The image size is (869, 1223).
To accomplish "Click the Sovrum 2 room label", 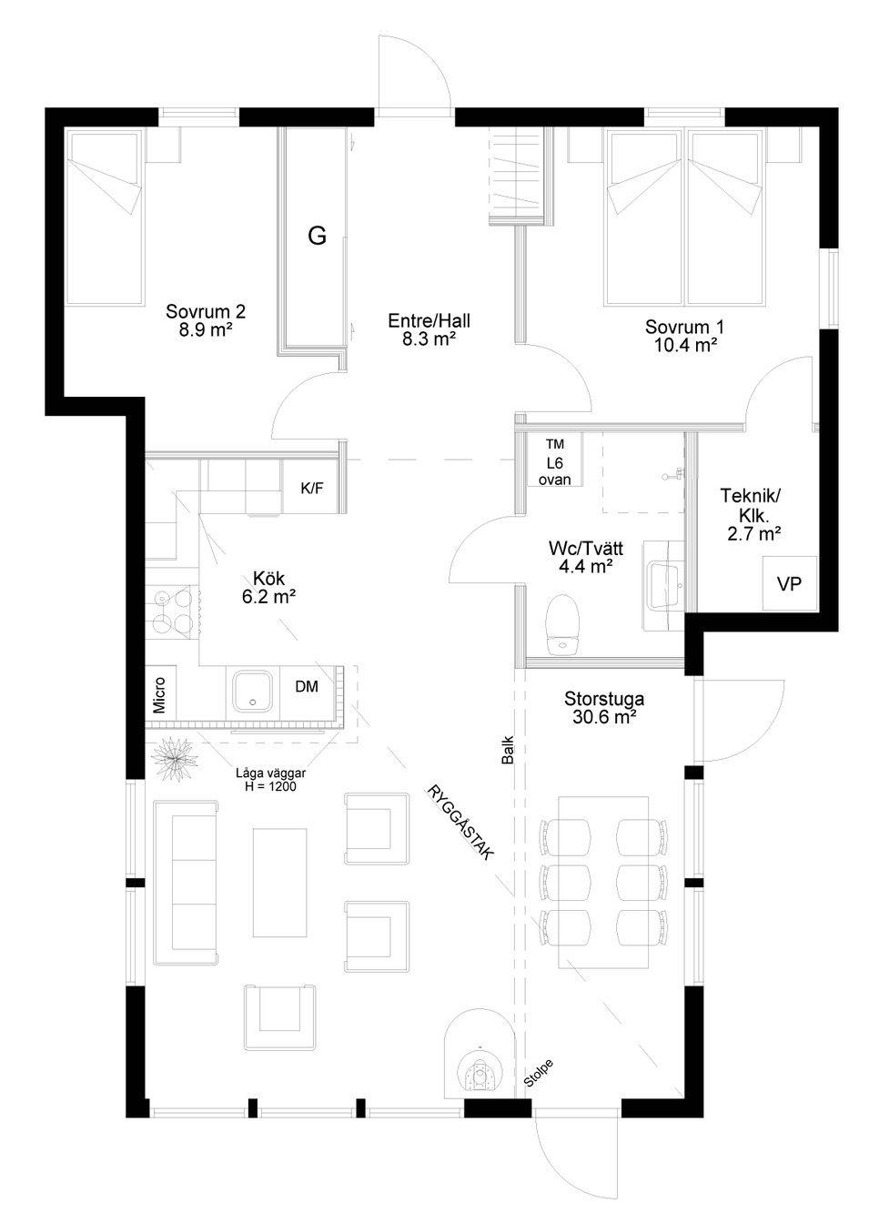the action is point(206,312).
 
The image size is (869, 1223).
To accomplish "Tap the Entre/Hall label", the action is point(429,320).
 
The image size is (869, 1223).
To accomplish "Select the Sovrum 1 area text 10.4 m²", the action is point(685,345).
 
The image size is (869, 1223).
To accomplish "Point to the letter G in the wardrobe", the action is point(318,236).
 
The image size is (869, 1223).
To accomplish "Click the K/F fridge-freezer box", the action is point(312,487).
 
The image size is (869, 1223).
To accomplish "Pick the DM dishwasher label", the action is point(307,686).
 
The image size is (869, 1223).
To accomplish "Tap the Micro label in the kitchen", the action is point(159,695).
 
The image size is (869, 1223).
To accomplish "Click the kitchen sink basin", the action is point(252,692).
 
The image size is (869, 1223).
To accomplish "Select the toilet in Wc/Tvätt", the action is point(562,623).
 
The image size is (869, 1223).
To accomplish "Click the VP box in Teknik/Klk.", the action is point(789,583).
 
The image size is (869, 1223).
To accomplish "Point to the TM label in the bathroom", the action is point(555,444).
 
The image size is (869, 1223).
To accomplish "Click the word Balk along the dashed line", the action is point(508,750).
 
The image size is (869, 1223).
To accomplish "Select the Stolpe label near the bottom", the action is point(539,1072).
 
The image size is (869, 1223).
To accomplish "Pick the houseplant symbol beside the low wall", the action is point(175,758).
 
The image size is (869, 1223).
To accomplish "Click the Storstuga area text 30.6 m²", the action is point(604,717).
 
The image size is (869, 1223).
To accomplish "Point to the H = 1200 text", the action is point(270,787).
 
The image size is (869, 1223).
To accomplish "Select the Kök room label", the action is point(269,578).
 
